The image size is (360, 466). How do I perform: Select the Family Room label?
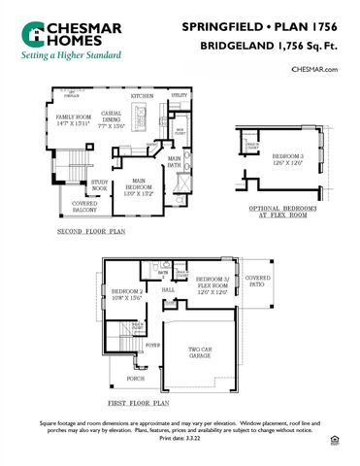coord(71,120)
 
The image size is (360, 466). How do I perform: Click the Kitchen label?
coord(143,97)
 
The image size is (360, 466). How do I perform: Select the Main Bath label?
coord(175,162)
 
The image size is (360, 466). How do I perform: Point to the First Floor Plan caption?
coord(139,401)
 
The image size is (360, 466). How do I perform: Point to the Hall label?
coord(167,289)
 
